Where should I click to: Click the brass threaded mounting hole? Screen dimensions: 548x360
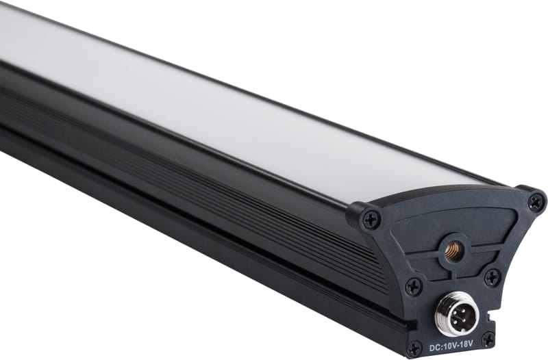tap(453, 249)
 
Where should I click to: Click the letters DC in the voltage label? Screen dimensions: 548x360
tap(434, 348)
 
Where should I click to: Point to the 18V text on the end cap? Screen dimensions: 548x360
tap(466, 344)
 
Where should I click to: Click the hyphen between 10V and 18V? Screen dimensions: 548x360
tap(458, 346)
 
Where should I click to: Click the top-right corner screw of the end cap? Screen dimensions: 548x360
tap(536, 202)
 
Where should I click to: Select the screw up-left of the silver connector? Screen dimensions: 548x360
tap(414, 287)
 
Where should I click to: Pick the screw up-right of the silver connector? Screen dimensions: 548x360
tap(493, 278)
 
